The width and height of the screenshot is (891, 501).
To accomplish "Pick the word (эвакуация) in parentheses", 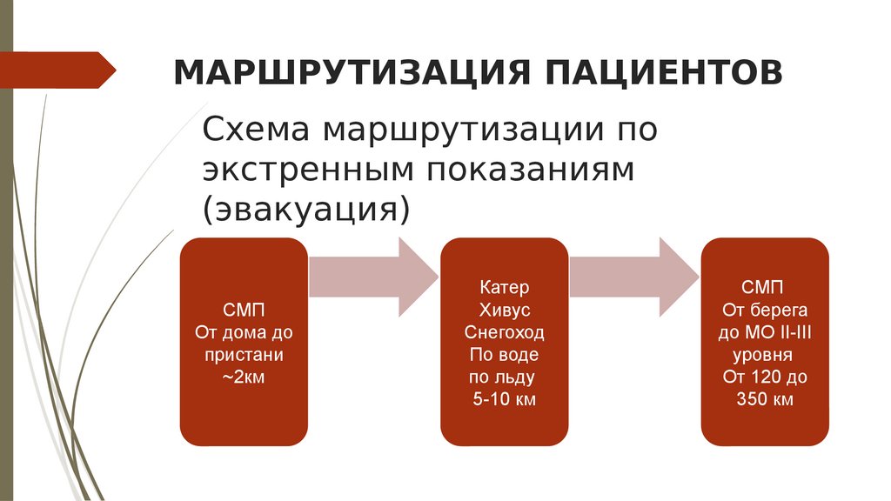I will (x=305, y=210).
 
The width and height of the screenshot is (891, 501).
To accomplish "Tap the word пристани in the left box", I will (x=244, y=356).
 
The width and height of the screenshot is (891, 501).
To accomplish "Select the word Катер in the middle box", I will (x=505, y=287).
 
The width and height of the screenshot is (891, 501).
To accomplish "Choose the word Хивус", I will (x=505, y=310).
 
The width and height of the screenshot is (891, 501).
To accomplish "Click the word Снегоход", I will (x=505, y=332).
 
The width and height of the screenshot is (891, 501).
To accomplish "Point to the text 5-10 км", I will (x=505, y=400).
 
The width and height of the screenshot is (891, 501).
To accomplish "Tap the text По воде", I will (x=505, y=355).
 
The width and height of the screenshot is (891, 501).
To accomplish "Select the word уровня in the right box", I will (x=763, y=355).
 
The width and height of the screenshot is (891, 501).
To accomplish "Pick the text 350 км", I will (x=763, y=400).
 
